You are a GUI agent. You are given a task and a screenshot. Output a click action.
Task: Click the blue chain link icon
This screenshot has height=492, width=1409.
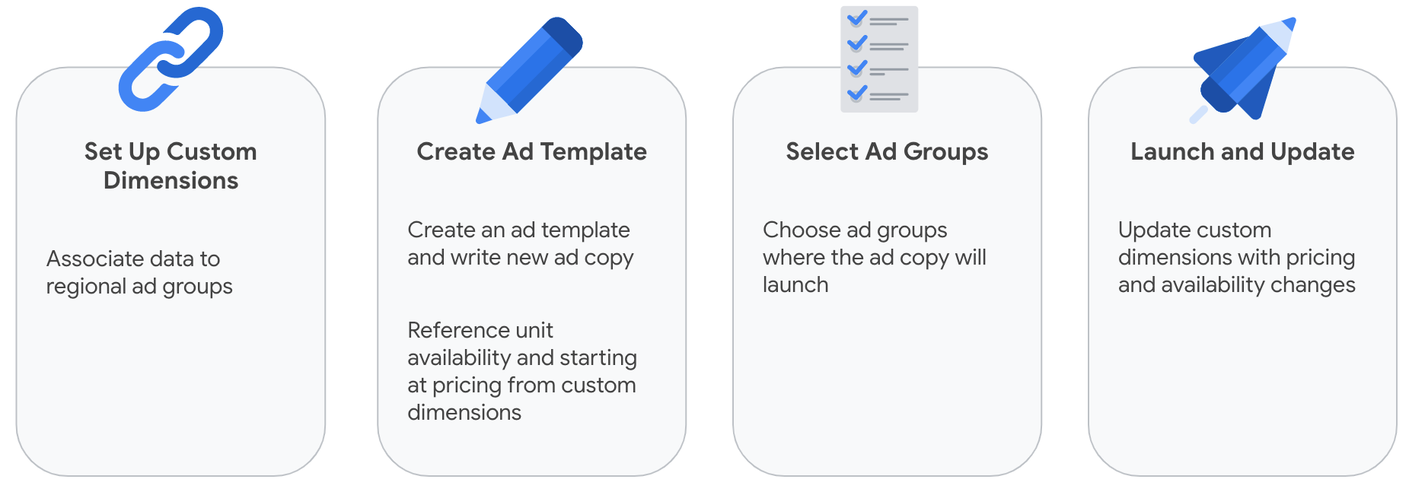pyautogui.click(x=171, y=59)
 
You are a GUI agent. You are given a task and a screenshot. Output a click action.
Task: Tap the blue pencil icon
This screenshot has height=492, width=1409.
pyautogui.click(x=529, y=70)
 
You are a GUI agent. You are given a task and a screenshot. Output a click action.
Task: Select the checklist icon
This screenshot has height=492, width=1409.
pyautogui.click(x=879, y=59)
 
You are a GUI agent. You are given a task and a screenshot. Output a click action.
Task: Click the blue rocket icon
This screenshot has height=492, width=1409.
pyautogui.click(x=1243, y=69)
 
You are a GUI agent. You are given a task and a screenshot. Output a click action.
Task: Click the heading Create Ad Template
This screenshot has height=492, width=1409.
pyautogui.click(x=531, y=151)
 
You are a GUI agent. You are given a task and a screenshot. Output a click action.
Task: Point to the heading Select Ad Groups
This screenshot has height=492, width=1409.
pyautogui.click(x=887, y=152)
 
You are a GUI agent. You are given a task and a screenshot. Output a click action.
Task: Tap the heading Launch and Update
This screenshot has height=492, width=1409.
pyautogui.click(x=1242, y=152)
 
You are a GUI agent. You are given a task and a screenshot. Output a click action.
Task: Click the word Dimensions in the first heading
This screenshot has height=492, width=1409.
pyautogui.click(x=171, y=180)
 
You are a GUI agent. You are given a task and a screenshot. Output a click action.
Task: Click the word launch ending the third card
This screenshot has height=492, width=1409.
pyautogui.click(x=795, y=284)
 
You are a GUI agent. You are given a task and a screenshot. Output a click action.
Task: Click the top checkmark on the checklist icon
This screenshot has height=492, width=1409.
pyautogui.click(x=857, y=18)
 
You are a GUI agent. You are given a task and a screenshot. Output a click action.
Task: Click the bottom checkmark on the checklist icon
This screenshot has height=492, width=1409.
pyautogui.click(x=857, y=93)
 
